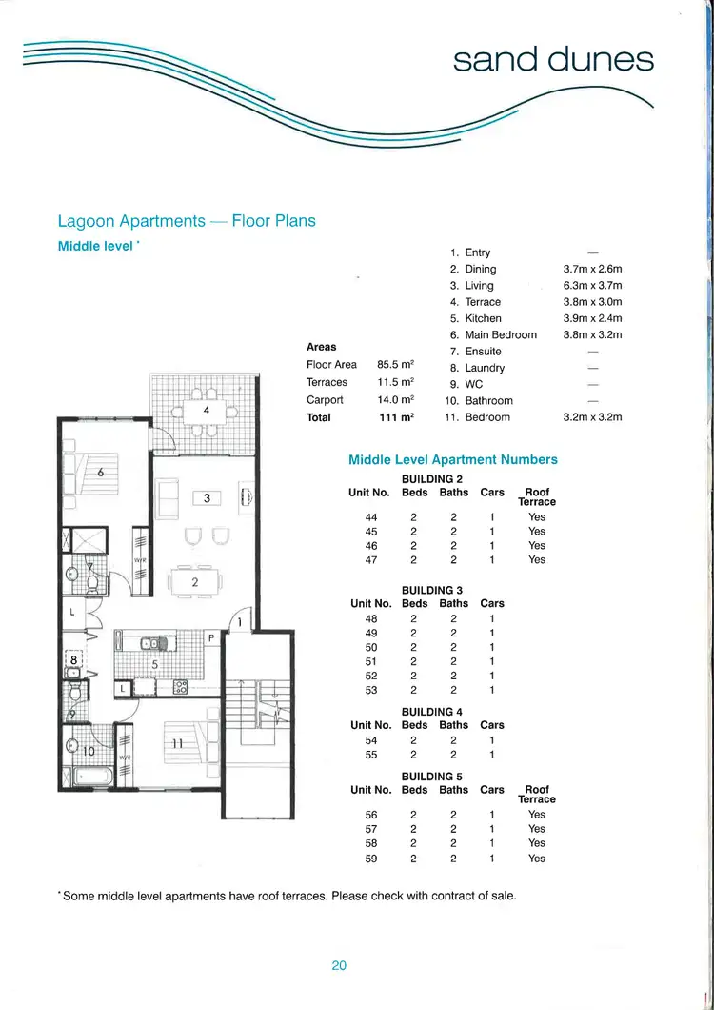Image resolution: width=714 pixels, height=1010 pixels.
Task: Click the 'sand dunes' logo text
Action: (x=553, y=60)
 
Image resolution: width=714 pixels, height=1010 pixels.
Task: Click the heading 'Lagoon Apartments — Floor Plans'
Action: (x=187, y=221)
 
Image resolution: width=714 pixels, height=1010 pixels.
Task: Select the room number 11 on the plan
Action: (x=175, y=743)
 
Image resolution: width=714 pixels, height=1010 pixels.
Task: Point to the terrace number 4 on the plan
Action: (x=206, y=410)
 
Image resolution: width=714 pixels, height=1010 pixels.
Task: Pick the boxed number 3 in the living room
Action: (x=206, y=497)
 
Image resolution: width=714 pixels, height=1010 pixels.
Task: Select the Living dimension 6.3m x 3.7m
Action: (x=592, y=286)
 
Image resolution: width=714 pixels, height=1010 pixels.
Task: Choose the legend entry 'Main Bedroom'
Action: (x=501, y=335)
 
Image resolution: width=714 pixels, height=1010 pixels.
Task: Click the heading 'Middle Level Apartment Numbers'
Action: (x=453, y=459)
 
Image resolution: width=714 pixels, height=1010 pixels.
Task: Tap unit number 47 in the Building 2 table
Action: (x=371, y=560)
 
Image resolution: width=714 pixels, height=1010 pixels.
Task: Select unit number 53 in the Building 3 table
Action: (x=371, y=690)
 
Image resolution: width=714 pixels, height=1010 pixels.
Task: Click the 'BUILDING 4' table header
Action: (x=432, y=711)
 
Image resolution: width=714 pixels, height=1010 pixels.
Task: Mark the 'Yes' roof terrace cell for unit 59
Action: (x=537, y=858)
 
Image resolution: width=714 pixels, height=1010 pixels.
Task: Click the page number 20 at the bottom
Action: (x=339, y=965)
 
